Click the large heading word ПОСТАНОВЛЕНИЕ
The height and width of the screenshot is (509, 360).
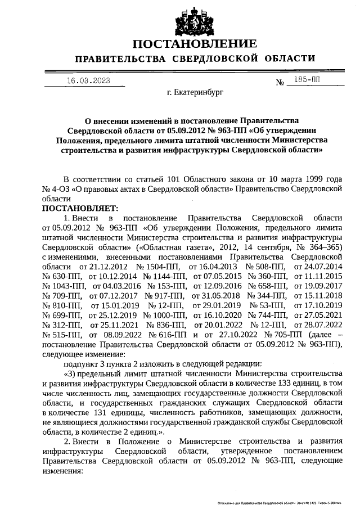coord(194,44)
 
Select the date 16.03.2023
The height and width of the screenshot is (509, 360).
coord(88,80)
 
